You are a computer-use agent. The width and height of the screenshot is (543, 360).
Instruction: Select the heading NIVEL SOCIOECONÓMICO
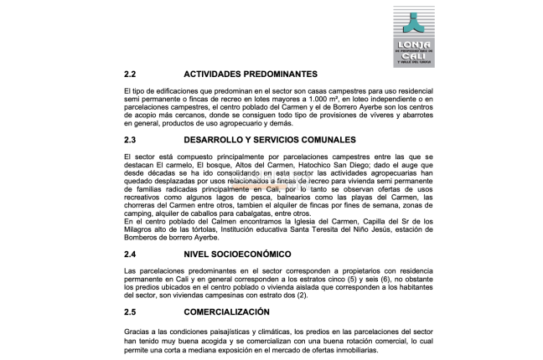click(x=237, y=253)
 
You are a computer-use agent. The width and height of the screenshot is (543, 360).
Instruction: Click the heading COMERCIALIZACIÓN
click(x=226, y=311)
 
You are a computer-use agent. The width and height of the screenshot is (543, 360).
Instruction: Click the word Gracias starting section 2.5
click(x=138, y=333)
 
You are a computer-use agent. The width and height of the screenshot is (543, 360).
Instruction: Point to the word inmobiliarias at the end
click(x=354, y=351)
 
